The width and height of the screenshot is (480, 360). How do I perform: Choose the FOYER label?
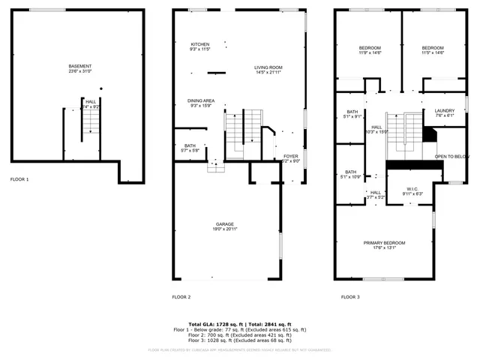(x=290, y=157)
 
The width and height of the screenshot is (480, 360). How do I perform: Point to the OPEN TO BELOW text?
(x=451, y=157)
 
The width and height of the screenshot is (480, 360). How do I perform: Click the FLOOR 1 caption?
(x=19, y=180)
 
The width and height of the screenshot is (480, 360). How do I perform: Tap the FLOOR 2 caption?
(x=181, y=297)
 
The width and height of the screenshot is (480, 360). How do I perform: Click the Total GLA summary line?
(x=240, y=323)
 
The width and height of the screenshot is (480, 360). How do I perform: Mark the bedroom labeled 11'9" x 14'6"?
(x=370, y=50)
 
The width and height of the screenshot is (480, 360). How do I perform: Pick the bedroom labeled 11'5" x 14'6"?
(x=433, y=50)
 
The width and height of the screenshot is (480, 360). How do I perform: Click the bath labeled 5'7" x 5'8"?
(x=191, y=148)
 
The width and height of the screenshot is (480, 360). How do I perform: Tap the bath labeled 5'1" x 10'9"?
(x=351, y=174)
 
